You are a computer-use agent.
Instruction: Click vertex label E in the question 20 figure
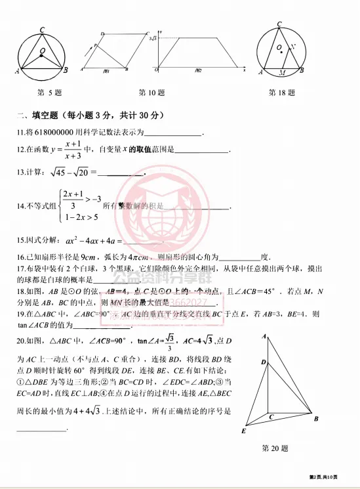pyautogui.click(x=244, y=431)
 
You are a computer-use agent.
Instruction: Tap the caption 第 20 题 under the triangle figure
pyautogui.click(x=275, y=448)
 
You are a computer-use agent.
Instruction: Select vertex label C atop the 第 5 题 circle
pyautogui.click(x=41, y=30)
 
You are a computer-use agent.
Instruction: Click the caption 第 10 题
pyautogui.click(x=151, y=93)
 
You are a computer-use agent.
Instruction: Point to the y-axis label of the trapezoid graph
pyautogui.click(x=160, y=32)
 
